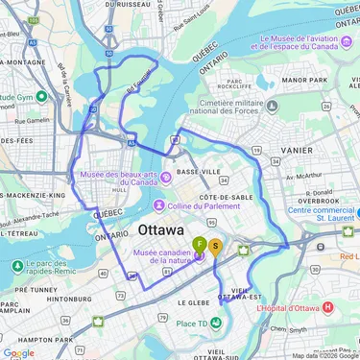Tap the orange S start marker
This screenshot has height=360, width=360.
point(216,246)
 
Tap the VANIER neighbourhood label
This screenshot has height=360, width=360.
point(297,151)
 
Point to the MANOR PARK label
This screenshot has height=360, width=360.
point(305,80)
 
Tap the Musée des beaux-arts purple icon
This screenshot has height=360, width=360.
point(165,176)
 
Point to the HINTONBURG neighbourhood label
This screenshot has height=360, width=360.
point(71,300)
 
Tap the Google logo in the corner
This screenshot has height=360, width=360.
point(18,352)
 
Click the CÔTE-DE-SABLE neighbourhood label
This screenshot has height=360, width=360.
point(228,197)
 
